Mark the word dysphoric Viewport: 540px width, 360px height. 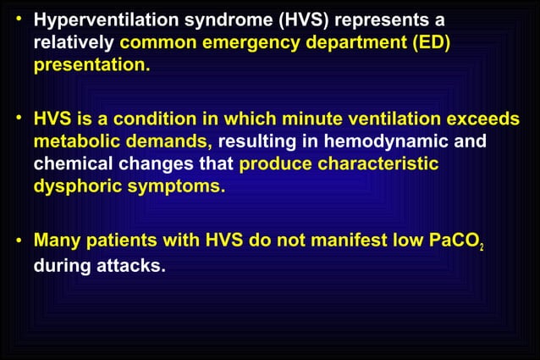click(x=76, y=186)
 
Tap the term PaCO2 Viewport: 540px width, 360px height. click(x=458, y=241)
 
